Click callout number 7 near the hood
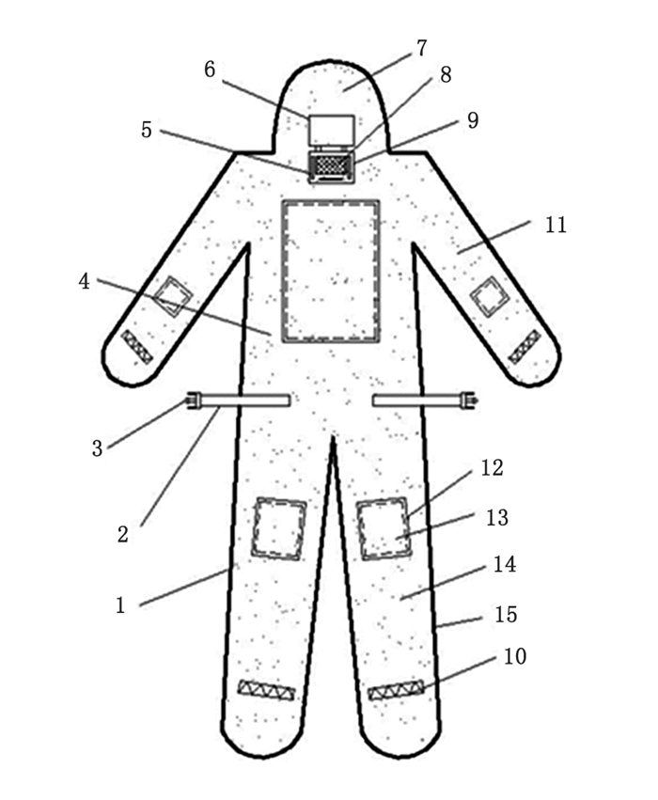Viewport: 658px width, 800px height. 421,48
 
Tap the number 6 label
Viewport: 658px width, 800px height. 210,69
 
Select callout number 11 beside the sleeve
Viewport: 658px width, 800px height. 556,226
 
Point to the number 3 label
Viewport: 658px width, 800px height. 98,447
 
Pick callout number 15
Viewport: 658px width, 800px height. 505,614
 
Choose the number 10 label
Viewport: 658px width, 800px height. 515,655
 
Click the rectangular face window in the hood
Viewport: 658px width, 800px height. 331,130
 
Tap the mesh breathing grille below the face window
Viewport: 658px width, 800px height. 330,165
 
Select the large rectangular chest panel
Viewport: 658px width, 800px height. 331,270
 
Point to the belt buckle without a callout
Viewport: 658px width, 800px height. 464,401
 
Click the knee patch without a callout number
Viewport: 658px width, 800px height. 279,528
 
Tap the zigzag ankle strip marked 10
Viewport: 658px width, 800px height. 396,692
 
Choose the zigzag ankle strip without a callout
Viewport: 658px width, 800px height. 266,690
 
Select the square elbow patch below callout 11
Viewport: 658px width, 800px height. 490,298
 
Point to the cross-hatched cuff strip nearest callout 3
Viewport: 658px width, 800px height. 137,347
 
